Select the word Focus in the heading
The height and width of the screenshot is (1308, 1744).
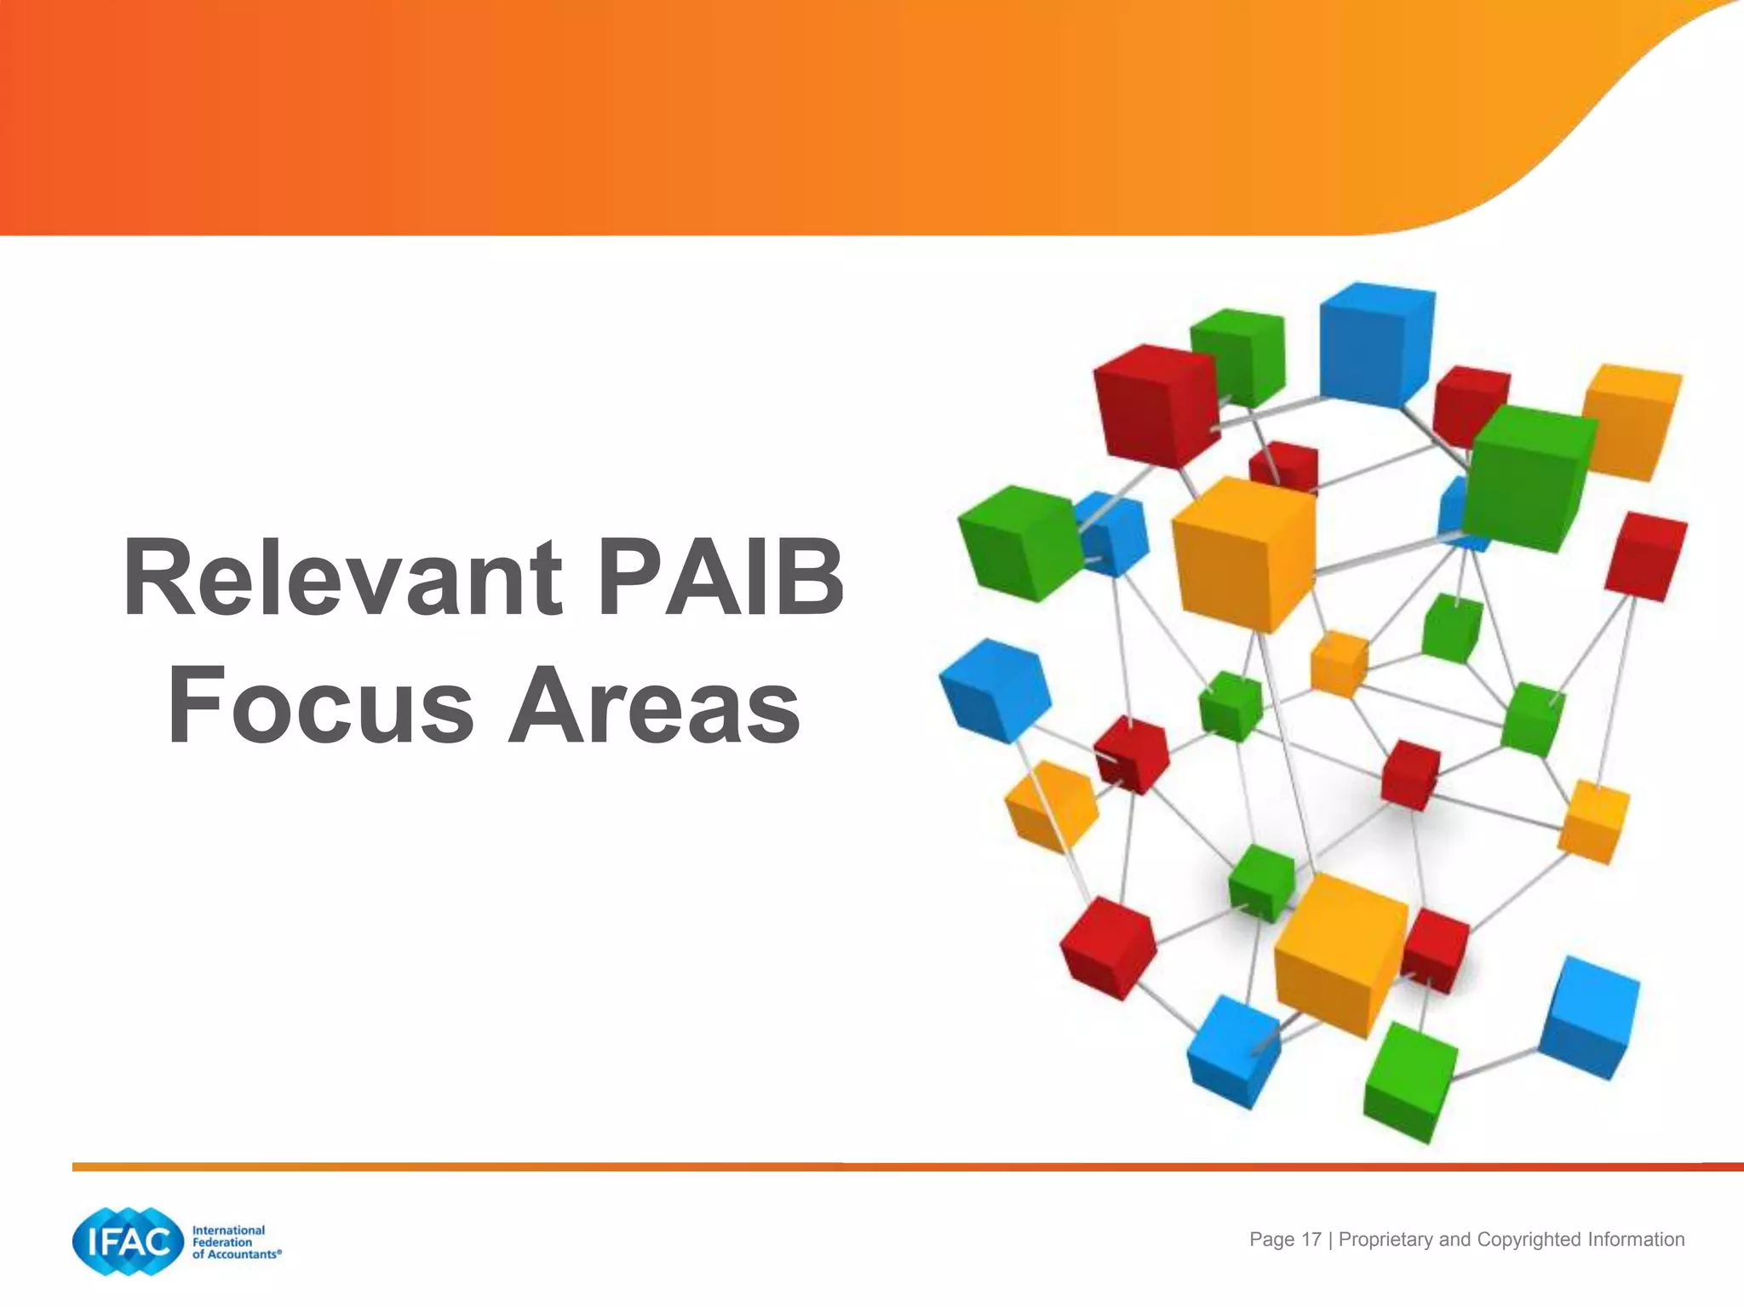point(320,705)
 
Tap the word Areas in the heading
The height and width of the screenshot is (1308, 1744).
point(654,705)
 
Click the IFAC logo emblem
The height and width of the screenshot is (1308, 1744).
point(128,1242)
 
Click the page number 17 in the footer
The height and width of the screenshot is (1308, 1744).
point(1311,1239)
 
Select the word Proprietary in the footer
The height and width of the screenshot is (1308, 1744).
point(1385,1239)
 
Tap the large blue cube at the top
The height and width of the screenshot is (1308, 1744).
point(1374,345)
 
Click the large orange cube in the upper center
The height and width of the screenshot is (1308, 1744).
point(1242,554)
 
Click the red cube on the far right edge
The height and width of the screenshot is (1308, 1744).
point(1645,555)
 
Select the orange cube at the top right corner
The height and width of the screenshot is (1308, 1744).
point(1631,422)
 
